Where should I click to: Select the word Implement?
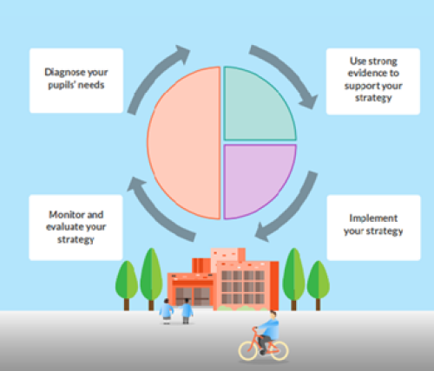pyautogui.click(x=373, y=218)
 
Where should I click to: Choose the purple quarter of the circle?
pyautogui.click(x=256, y=178)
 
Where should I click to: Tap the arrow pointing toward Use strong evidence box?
pyautogui.click(x=288, y=72)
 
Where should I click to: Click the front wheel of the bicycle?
pyautogui.click(x=247, y=350)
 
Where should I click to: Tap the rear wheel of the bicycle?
pyautogui.click(x=279, y=351)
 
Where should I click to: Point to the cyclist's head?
pyautogui.click(x=273, y=314)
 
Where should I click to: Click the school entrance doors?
pyautogui.click(x=193, y=296)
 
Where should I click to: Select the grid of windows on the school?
pyautogui.click(x=243, y=287)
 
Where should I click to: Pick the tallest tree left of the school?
pyautogui.click(x=151, y=279)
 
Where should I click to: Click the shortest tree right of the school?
pyautogui.click(x=319, y=285)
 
